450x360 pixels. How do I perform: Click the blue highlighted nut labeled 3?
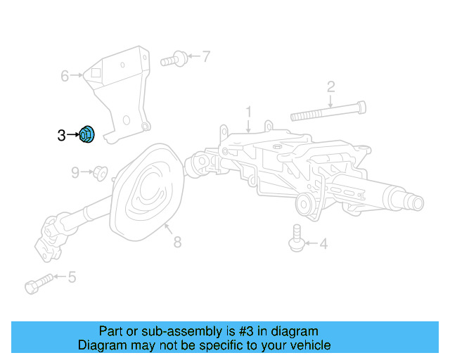pos(88,134)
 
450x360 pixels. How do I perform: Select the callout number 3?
pos(61,135)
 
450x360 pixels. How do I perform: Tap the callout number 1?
pos(247,112)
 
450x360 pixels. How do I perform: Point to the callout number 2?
pos(330,87)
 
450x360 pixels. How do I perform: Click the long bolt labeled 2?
pos(327,111)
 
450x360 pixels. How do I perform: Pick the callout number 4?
pos(323,245)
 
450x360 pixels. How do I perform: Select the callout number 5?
pos(72,277)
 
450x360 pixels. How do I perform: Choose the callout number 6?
pos(65,76)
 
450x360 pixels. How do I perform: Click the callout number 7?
pos(205,56)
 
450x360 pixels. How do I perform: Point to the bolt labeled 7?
pos(174,59)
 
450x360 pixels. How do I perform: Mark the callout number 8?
pos(177,243)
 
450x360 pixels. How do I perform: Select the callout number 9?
pos(75,172)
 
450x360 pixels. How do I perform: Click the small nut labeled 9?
pos(99,171)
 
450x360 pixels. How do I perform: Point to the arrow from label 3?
pos(73,134)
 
